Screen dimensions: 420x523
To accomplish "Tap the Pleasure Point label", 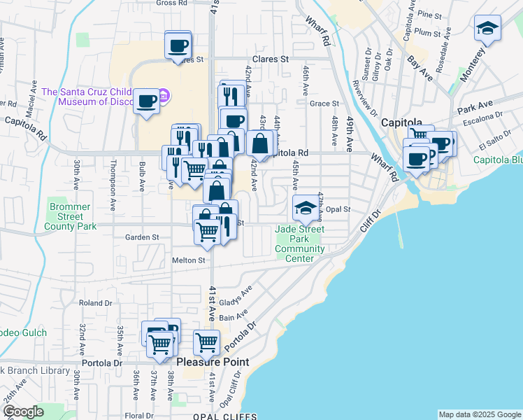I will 212,363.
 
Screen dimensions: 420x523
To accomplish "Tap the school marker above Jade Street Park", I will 306,206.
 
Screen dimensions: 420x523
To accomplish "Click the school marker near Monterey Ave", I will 487,28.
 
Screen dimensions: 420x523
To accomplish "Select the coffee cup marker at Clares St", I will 178,45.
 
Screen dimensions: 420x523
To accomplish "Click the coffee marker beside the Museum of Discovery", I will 147,100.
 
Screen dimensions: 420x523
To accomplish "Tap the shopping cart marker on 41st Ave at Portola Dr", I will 206,342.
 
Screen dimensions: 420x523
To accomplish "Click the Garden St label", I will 142,237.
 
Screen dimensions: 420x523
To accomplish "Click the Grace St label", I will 324,103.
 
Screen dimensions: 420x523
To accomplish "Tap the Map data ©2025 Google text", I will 479,414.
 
